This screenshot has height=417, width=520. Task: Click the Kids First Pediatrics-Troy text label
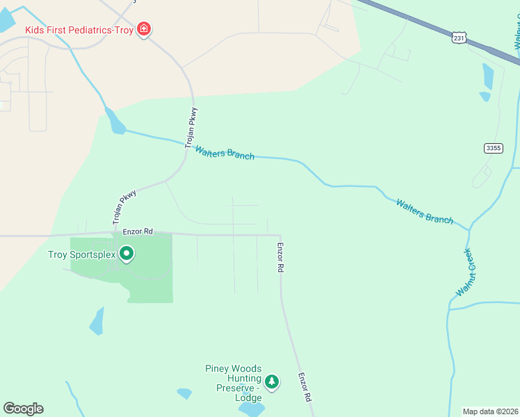81,30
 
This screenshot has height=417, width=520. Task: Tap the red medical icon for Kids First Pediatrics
145,29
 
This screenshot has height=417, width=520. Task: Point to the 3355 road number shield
493,148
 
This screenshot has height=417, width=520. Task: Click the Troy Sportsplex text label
81,254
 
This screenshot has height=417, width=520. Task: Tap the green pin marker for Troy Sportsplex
127,254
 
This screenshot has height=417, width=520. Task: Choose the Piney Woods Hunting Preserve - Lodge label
233,383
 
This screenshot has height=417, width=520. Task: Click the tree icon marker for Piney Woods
272,382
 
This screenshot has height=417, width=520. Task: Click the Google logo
23,409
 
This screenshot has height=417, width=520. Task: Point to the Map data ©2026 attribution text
490,411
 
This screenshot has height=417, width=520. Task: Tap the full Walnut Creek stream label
464,272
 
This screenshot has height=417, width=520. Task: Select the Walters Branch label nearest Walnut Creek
424,211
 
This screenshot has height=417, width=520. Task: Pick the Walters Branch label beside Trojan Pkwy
225,152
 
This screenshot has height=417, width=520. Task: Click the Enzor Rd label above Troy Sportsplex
137,231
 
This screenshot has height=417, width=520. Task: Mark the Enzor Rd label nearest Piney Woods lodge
304,388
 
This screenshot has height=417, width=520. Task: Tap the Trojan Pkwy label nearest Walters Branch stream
192,127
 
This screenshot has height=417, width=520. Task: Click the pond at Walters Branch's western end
115,122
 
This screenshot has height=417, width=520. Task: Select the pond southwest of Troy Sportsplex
97,321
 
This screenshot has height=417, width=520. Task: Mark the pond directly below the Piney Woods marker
250,409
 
